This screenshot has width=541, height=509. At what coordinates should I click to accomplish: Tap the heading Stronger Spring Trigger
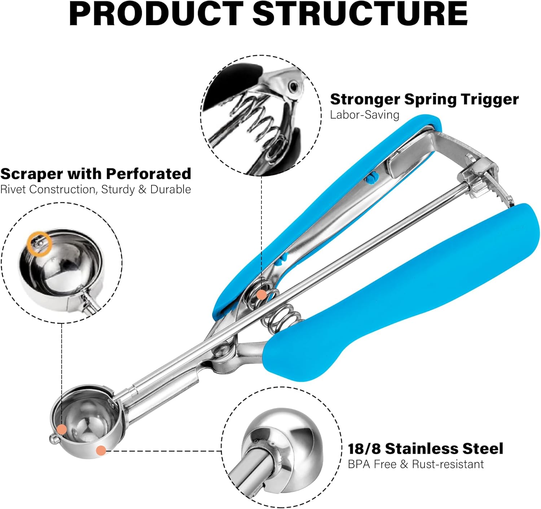[x=424, y=99]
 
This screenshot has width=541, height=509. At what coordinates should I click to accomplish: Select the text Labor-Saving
[x=365, y=115]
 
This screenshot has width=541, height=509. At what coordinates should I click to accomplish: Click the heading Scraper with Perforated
[x=96, y=174]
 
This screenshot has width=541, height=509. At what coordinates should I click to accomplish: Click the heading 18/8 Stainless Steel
[x=425, y=448]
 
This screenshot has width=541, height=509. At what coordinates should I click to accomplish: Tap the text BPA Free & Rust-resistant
[x=415, y=464]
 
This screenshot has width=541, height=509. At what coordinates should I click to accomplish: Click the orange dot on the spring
[x=261, y=295]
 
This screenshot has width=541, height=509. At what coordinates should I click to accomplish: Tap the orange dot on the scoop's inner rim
[x=62, y=429]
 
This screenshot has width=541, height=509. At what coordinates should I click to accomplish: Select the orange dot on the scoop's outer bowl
[x=101, y=450]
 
